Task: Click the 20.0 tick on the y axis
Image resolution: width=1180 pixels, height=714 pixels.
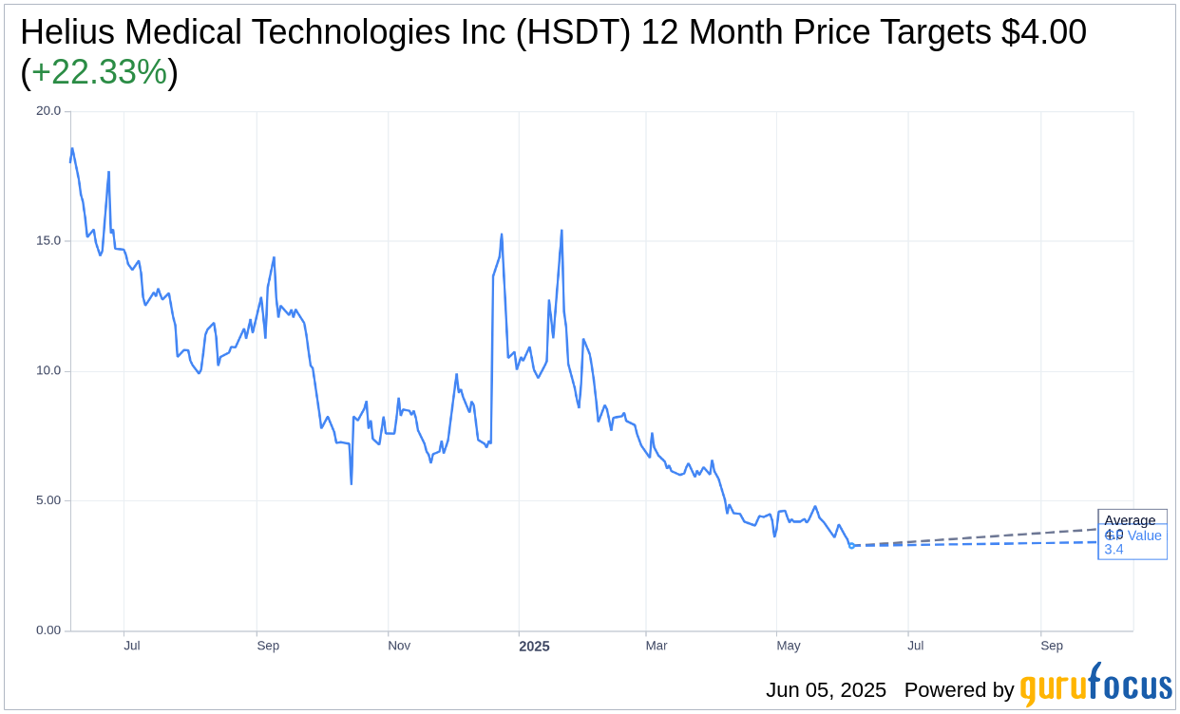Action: pos(48,111)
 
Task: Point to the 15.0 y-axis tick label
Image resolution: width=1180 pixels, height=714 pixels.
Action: pos(48,241)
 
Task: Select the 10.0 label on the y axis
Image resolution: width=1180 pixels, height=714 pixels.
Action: pos(48,370)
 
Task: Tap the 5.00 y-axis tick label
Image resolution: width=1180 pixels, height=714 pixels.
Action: pos(48,500)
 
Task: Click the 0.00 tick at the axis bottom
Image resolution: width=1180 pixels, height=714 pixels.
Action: pos(48,630)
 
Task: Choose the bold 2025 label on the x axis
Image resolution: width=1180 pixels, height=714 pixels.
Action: pos(534,647)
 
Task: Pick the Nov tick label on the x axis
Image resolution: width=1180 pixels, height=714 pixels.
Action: pos(399,646)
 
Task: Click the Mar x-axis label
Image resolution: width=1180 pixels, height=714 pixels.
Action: pos(657,646)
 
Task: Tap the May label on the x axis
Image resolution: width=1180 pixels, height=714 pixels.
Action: pos(789,646)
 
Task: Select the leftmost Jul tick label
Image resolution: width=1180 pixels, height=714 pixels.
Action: pos(132,646)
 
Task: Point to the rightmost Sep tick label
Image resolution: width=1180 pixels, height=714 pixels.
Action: pos(1052,646)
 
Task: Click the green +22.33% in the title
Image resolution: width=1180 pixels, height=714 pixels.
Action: pos(99,72)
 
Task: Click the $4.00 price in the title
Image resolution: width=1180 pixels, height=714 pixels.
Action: pos(1043,32)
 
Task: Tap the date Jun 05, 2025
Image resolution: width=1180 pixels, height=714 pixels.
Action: pos(826,690)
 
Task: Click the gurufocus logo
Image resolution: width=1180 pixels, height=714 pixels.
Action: pos(1095,686)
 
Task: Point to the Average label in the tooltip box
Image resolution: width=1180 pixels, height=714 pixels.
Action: pos(1130,520)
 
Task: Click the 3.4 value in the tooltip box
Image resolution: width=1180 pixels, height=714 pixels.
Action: pos(1113,550)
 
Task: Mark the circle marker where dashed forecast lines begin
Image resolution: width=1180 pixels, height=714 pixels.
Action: pos(851,546)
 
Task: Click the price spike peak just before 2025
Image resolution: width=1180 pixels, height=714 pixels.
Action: pos(502,235)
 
